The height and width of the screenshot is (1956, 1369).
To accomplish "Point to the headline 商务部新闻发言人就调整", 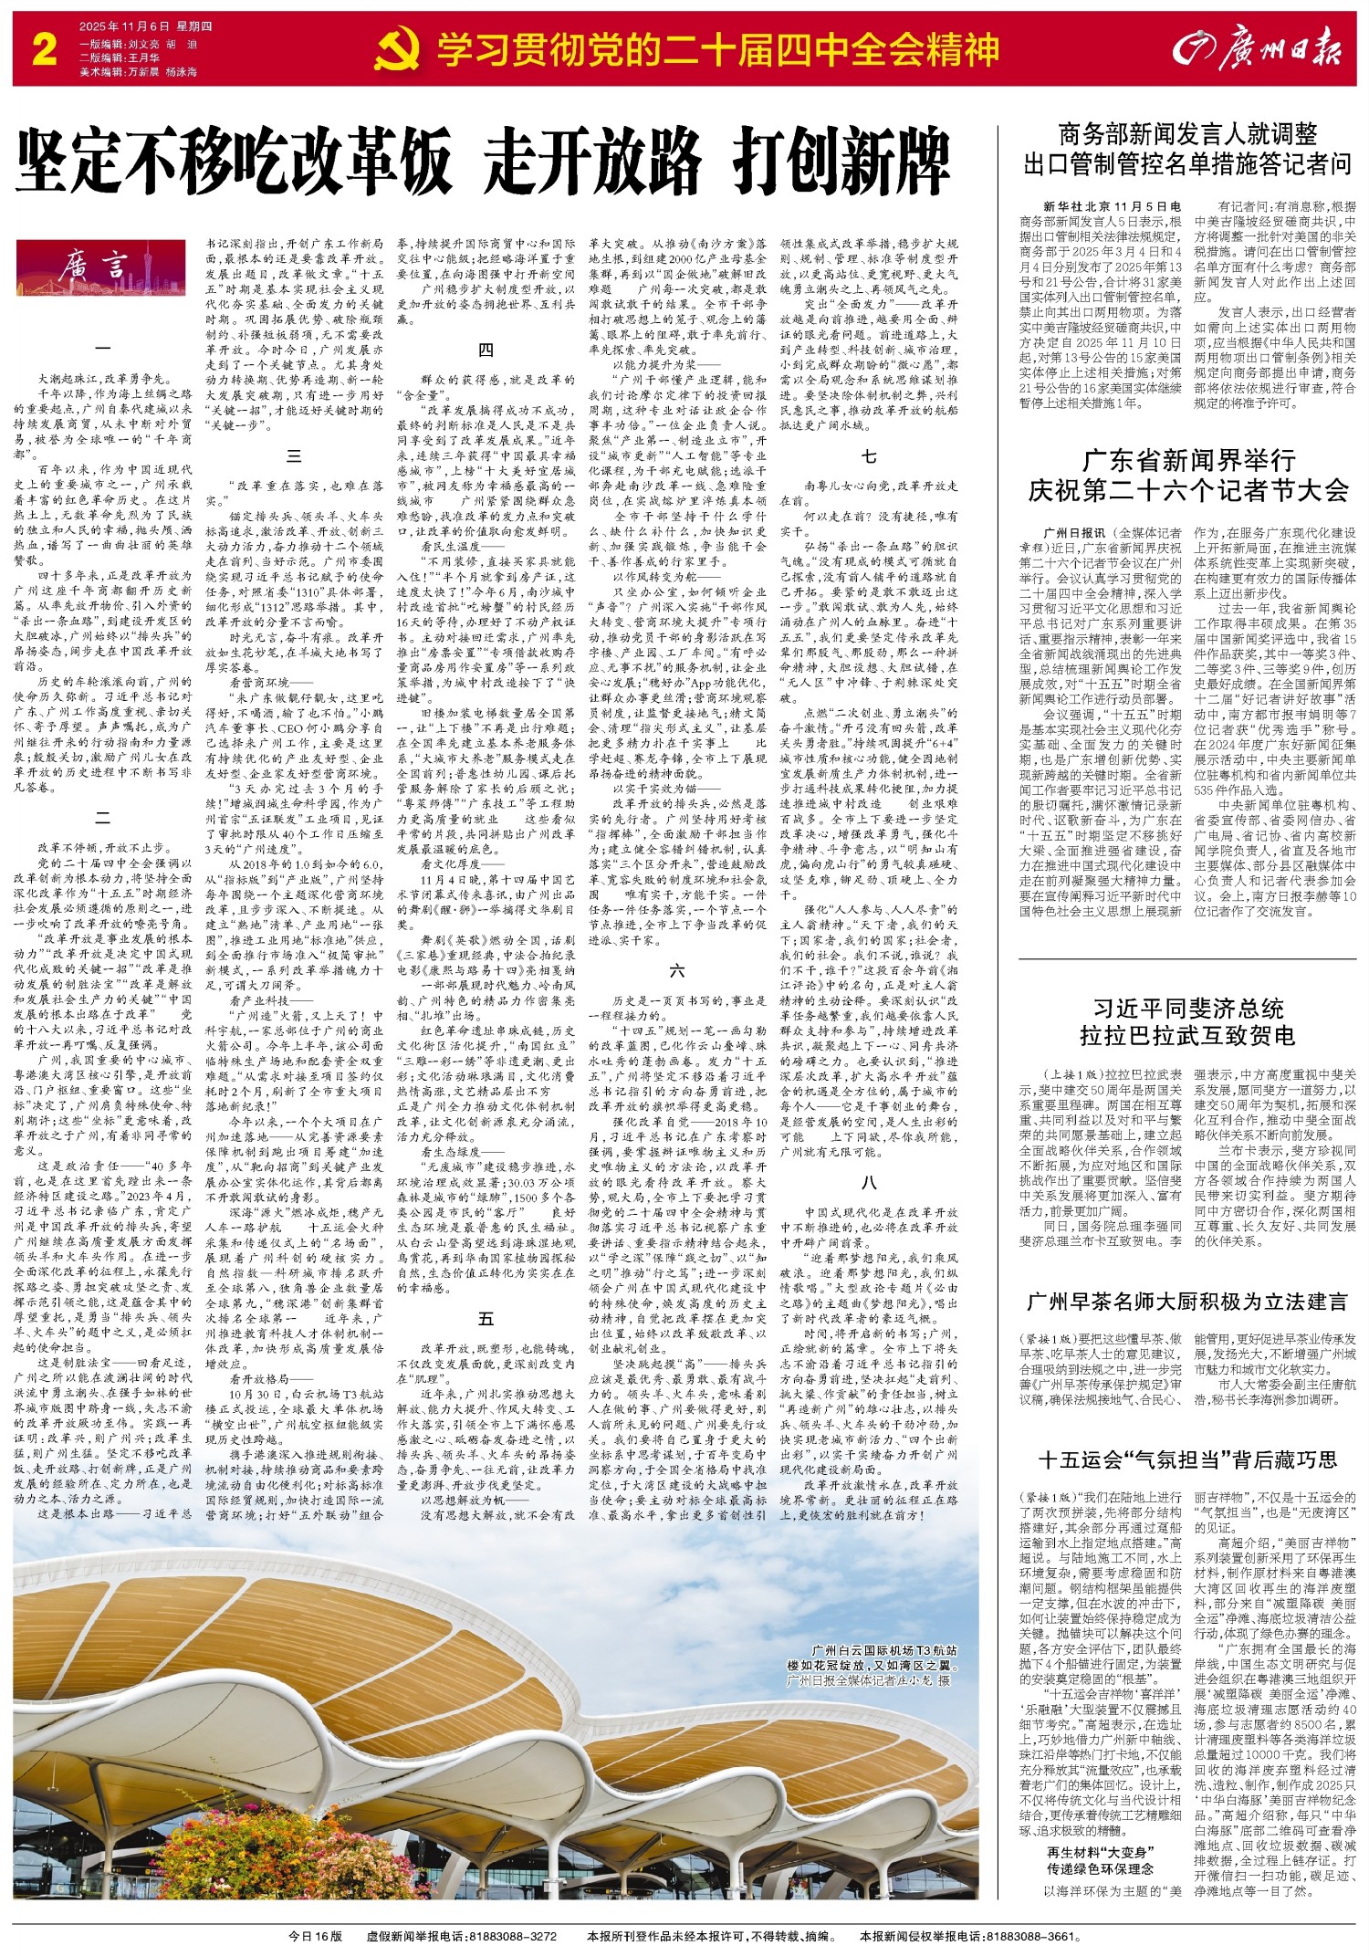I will [x=1187, y=135].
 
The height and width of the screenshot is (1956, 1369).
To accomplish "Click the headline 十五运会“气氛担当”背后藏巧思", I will [x=1187, y=1459].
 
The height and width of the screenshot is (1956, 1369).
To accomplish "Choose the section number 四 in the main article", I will [x=486, y=350].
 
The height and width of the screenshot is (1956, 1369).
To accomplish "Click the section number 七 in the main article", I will [x=869, y=455].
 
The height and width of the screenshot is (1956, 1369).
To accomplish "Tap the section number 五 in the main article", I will [x=486, y=1318].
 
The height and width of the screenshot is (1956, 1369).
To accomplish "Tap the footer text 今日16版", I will [x=315, y=1935].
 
